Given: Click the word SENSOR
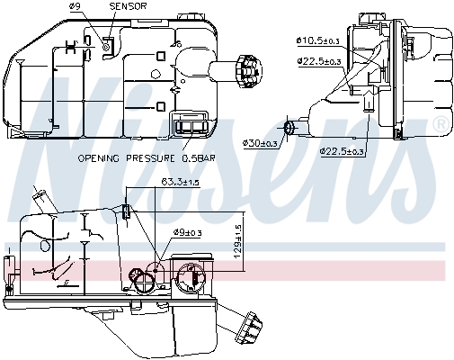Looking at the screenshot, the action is pos(128,6).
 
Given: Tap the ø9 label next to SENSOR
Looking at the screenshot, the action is pos(76,6).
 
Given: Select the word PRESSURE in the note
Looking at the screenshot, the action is pos(150,158).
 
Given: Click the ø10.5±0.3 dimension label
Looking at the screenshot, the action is pos(317,40).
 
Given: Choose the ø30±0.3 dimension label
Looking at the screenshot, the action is pos(260,143).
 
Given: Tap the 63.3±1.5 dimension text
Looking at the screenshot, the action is pos(180,182).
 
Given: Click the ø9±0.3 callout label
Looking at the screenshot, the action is pos(188,232).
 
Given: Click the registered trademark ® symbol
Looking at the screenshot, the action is pos(441,124).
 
